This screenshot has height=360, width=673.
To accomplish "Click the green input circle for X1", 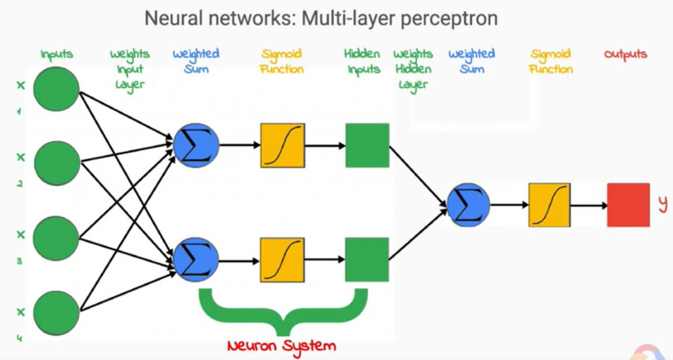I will tap(56, 88).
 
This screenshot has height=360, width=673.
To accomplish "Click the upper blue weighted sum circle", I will tap(196, 145).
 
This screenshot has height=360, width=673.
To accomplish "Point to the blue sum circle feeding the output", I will tap(468, 205).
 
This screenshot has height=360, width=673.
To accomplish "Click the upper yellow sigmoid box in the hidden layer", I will tap(283, 145).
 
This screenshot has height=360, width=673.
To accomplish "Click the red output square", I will tap(628, 205).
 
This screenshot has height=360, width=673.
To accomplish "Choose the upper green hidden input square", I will tap(367, 145).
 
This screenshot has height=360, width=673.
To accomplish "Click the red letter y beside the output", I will tap(662, 204).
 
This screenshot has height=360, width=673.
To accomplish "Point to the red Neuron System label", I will tap(281, 346).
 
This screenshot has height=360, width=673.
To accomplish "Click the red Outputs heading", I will tap(626, 55).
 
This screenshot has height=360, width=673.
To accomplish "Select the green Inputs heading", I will tap(57, 55).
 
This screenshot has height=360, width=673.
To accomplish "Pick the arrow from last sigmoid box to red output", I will tap(590, 205).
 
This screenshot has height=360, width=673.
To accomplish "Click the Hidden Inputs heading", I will tap(362, 62).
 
